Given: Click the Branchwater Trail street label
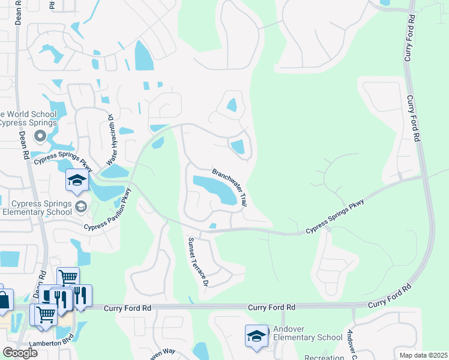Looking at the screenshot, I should pyautogui.click(x=229, y=187).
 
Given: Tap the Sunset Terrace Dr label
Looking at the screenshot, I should pyautogui.click(x=198, y=261).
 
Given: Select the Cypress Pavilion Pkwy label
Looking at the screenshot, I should pyautogui.click(x=108, y=211).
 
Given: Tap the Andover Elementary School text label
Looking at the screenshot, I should pyautogui.click(x=307, y=332).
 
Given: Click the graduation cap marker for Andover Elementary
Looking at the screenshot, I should pyautogui.click(x=256, y=335).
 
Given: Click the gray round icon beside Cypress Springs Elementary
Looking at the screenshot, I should pyautogui.click(x=80, y=207).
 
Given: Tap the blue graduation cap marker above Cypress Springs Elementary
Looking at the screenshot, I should pyautogui.click(x=77, y=181).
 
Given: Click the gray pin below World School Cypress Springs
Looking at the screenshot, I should pyautogui.click(x=40, y=136).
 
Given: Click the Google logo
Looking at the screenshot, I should pyautogui.click(x=20, y=352).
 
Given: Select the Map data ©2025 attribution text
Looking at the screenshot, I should pyautogui.click(x=423, y=355).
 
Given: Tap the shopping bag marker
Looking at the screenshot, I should pyautogui.click(x=4, y=299).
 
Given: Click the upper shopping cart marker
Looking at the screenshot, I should pyautogui.click(x=68, y=277).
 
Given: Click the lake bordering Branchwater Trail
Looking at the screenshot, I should pyautogui.click(x=214, y=188).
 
